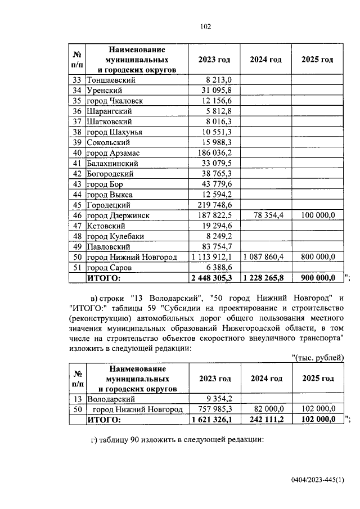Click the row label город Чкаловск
pyautogui.click(x=115, y=101)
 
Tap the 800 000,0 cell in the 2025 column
pyautogui.click(x=318, y=256)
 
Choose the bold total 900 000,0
pyautogui.click(x=318, y=277)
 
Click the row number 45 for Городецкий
pyautogui.click(x=77, y=205)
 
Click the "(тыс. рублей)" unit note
pyautogui.click(x=318, y=357)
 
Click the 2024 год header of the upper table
pyautogui.click(x=266, y=60)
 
